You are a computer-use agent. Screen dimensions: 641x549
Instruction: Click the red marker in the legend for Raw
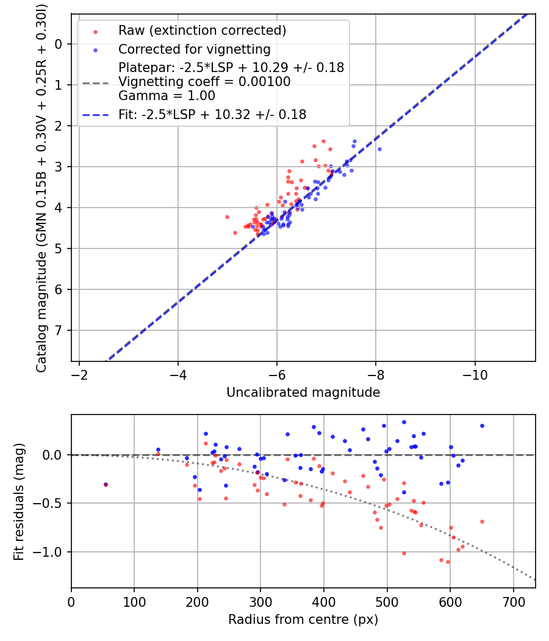pos(95,31)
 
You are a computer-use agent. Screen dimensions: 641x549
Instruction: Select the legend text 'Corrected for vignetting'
pos(194,49)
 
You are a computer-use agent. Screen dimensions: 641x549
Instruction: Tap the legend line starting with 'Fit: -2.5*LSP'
pos(212,114)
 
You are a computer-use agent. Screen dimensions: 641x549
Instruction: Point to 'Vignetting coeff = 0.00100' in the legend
pos(204,82)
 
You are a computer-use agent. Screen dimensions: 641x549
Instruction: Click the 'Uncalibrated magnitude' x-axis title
pos(303,393)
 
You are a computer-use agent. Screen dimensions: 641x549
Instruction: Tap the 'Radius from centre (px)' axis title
pos(303,620)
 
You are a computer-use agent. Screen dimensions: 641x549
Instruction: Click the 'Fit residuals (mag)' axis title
pos(19,501)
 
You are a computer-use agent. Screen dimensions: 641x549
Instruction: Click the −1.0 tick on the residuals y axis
pos(49,552)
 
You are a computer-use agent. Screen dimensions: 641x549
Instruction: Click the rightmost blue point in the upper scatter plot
pos(379,149)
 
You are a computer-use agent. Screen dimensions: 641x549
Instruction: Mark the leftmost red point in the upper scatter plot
pos(227,217)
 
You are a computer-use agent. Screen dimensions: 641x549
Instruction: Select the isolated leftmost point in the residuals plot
pos(106,484)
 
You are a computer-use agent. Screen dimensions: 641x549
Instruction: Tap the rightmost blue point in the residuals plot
pos(482,426)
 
